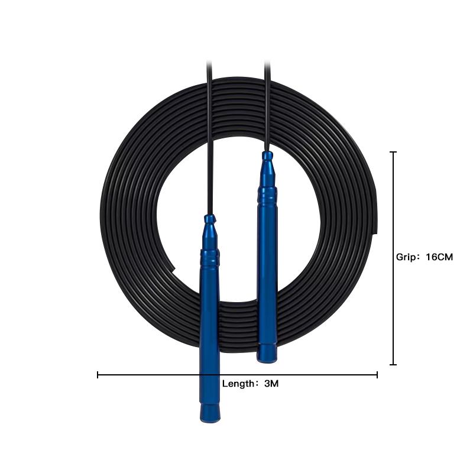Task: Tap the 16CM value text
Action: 439,257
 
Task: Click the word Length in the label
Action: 239,384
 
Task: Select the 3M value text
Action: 271,384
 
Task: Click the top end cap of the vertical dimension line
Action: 393,153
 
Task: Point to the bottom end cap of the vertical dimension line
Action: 393,364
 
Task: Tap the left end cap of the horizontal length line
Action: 98,375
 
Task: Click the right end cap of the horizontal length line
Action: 377,375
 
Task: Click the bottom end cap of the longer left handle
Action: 210,413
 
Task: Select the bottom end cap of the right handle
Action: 267,353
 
